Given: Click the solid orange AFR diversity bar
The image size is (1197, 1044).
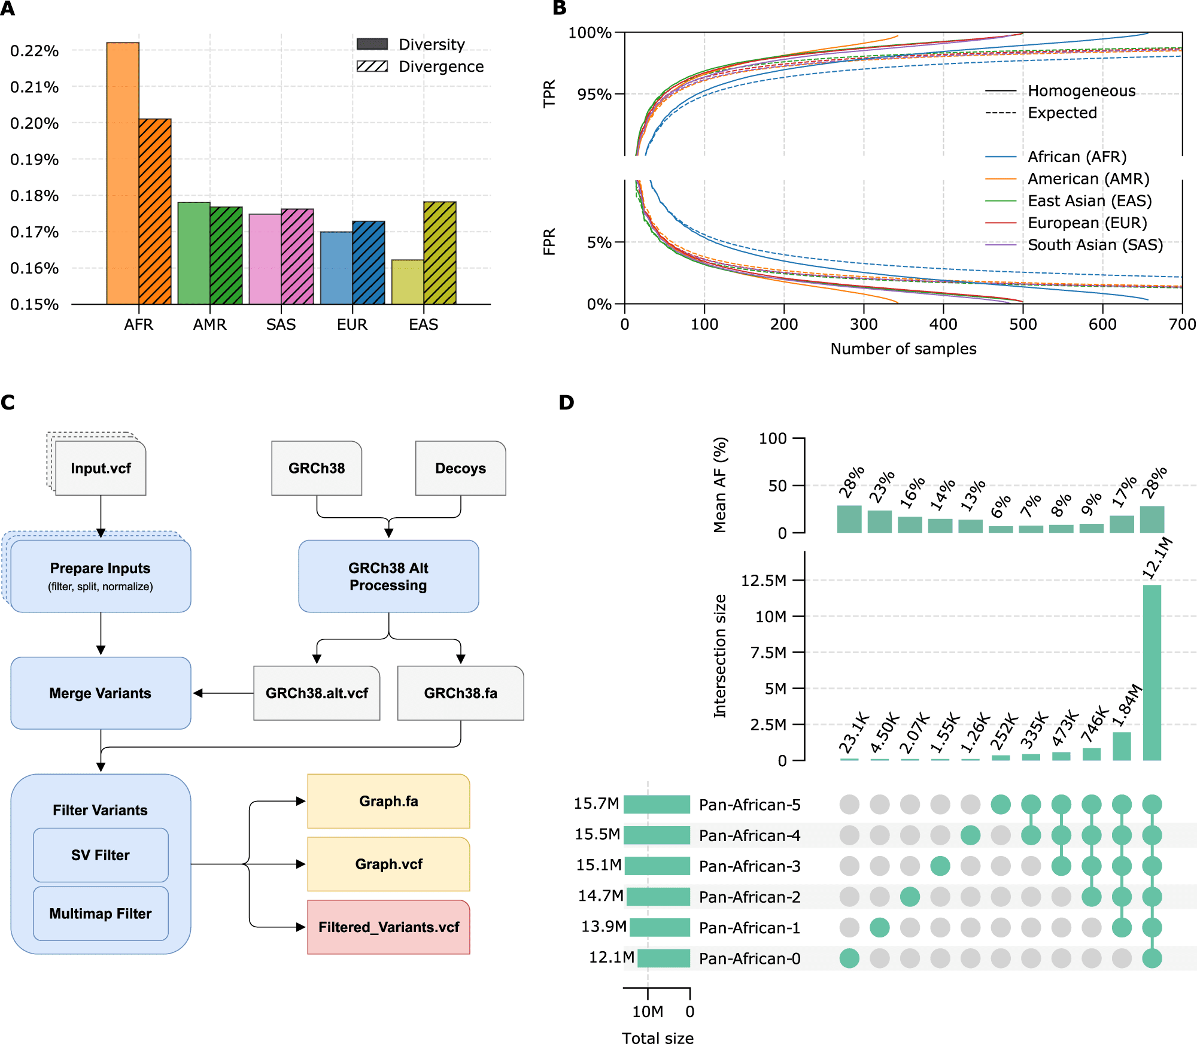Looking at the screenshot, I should coord(123,174).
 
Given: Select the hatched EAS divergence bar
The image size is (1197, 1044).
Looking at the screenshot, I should coord(440,253).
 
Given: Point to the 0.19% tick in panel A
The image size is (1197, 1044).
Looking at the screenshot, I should coord(34,160).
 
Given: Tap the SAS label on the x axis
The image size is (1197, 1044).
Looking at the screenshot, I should coord(281,324).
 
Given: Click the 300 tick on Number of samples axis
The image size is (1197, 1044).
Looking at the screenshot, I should coord(864,324).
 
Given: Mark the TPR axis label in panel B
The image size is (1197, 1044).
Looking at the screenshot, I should coord(549,93).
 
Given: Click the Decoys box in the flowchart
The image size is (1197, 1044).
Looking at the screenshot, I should coord(460,468).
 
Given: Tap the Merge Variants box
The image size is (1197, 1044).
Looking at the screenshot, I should coord(101,693).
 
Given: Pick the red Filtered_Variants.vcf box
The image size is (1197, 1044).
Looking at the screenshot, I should coord(388,927).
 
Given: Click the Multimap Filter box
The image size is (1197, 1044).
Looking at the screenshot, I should coord(101,913).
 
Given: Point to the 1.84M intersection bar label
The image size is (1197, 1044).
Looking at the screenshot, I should coord(1126,705).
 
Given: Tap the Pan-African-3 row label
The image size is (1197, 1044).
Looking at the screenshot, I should coord(749,866).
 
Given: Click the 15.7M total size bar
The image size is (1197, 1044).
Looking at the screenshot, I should coord(657,805).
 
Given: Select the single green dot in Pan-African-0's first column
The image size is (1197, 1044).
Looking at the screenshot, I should coord(849,958).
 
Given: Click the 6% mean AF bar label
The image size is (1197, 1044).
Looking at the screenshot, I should coord(1000,506).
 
